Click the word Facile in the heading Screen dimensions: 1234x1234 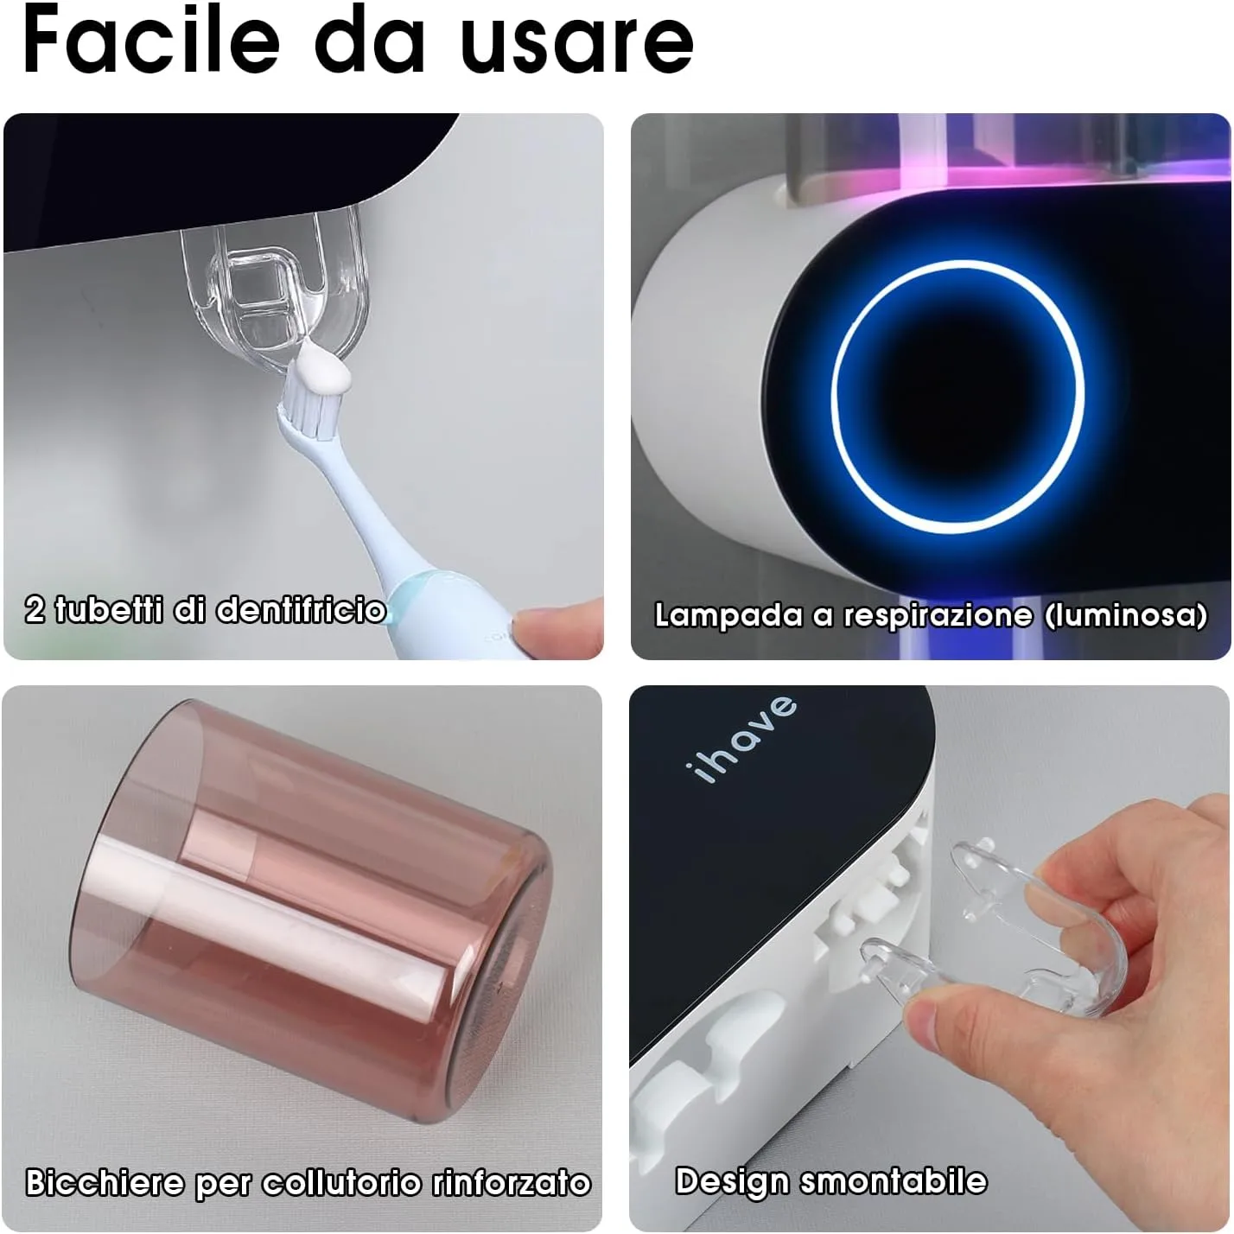(151, 39)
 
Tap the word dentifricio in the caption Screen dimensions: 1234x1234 (300, 610)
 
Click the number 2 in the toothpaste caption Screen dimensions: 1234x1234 (35, 610)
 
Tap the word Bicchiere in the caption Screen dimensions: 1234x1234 (105, 1182)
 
